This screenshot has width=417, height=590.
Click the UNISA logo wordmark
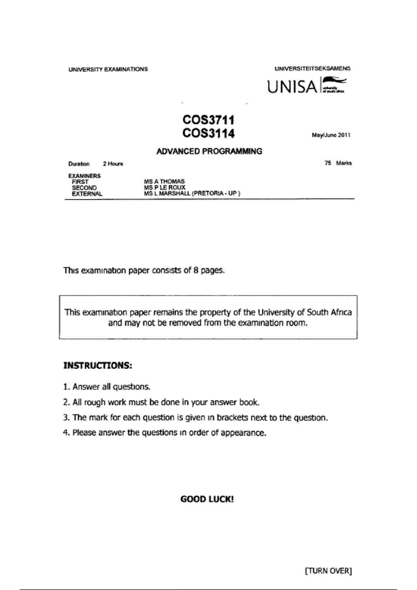292,87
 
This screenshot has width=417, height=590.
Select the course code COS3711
208,120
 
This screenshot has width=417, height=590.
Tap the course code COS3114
208,133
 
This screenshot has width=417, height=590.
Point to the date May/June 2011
331,135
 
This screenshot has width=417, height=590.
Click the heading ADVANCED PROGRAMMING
209,151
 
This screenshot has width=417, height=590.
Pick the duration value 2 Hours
113,164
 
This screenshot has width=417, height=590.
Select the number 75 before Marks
328,163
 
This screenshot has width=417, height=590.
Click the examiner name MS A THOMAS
164,182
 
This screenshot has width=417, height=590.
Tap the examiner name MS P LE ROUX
165,187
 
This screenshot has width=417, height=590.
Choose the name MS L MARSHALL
167,193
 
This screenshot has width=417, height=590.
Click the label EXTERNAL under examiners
87,194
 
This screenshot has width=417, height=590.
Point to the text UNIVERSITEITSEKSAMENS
312,69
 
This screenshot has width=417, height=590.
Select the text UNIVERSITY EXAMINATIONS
108,69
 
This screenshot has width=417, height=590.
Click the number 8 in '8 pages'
196,270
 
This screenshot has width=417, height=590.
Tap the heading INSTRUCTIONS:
98,365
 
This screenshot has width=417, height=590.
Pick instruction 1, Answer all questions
107,387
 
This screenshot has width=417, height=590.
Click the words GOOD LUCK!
207,499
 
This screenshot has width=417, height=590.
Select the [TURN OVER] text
328,571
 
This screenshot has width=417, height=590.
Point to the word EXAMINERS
84,176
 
